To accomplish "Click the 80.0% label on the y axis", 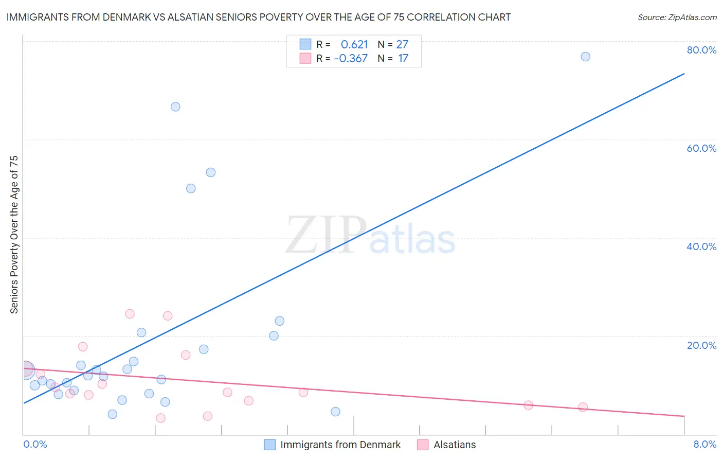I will [x=701, y=50].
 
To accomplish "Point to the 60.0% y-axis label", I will [x=701, y=148].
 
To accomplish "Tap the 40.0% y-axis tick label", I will [x=701, y=246].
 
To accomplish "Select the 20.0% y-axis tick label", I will [x=701, y=345].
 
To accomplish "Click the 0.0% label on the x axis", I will [x=35, y=444].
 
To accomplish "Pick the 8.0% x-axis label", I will [x=704, y=444].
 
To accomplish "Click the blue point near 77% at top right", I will [x=585, y=57].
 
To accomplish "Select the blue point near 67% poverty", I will [x=175, y=107].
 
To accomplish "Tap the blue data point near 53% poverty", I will [x=211, y=172].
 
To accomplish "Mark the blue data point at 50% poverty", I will [x=191, y=188].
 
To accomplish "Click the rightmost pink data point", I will [x=583, y=407].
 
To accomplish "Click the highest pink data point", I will [x=130, y=314].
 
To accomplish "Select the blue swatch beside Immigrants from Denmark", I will [x=269, y=445].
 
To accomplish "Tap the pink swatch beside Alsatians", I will [x=423, y=445].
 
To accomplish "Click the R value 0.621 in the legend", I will [x=354, y=44].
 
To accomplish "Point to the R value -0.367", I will [x=351, y=58].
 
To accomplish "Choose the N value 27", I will [x=402, y=44].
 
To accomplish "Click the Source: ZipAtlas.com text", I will [x=677, y=17].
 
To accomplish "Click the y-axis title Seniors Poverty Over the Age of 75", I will [x=14, y=234].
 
